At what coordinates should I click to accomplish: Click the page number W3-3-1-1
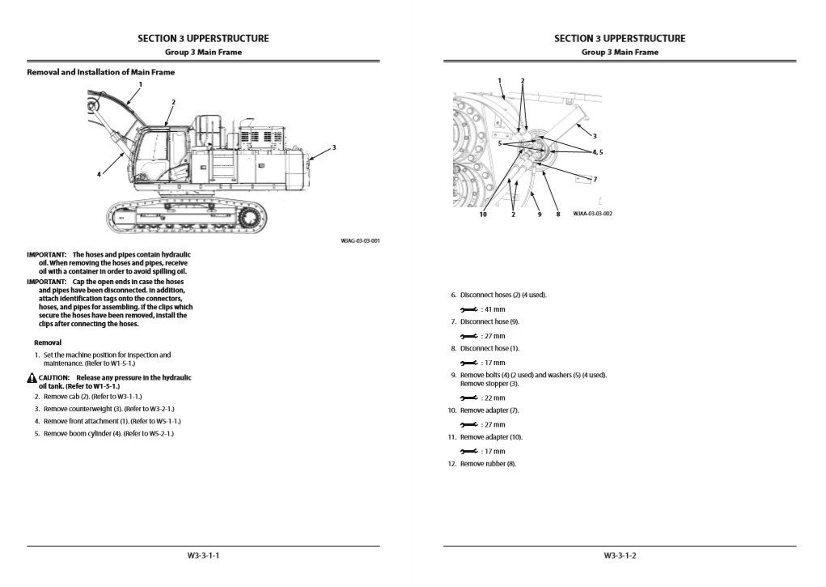click(203, 555)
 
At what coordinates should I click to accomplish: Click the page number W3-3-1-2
click(620, 555)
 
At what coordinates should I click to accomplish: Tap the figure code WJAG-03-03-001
click(360, 240)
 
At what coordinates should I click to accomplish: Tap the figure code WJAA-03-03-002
click(592, 214)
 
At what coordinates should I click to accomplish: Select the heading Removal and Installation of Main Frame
click(101, 72)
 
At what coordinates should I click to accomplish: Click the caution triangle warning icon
click(32, 378)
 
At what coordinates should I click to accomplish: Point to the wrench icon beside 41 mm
click(468, 309)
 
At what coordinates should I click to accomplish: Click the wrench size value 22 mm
click(493, 398)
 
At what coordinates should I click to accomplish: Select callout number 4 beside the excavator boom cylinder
click(99, 173)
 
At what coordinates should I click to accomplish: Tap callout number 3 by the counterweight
click(333, 147)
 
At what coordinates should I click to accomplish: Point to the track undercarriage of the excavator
click(186, 217)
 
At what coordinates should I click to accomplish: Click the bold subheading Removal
click(48, 342)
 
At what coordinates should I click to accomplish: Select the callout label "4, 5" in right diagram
click(598, 151)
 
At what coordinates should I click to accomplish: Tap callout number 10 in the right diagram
click(483, 214)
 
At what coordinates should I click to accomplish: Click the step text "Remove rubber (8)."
click(488, 464)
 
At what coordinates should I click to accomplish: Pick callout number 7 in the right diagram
click(595, 178)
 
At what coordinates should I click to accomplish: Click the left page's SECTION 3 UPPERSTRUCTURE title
click(203, 38)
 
